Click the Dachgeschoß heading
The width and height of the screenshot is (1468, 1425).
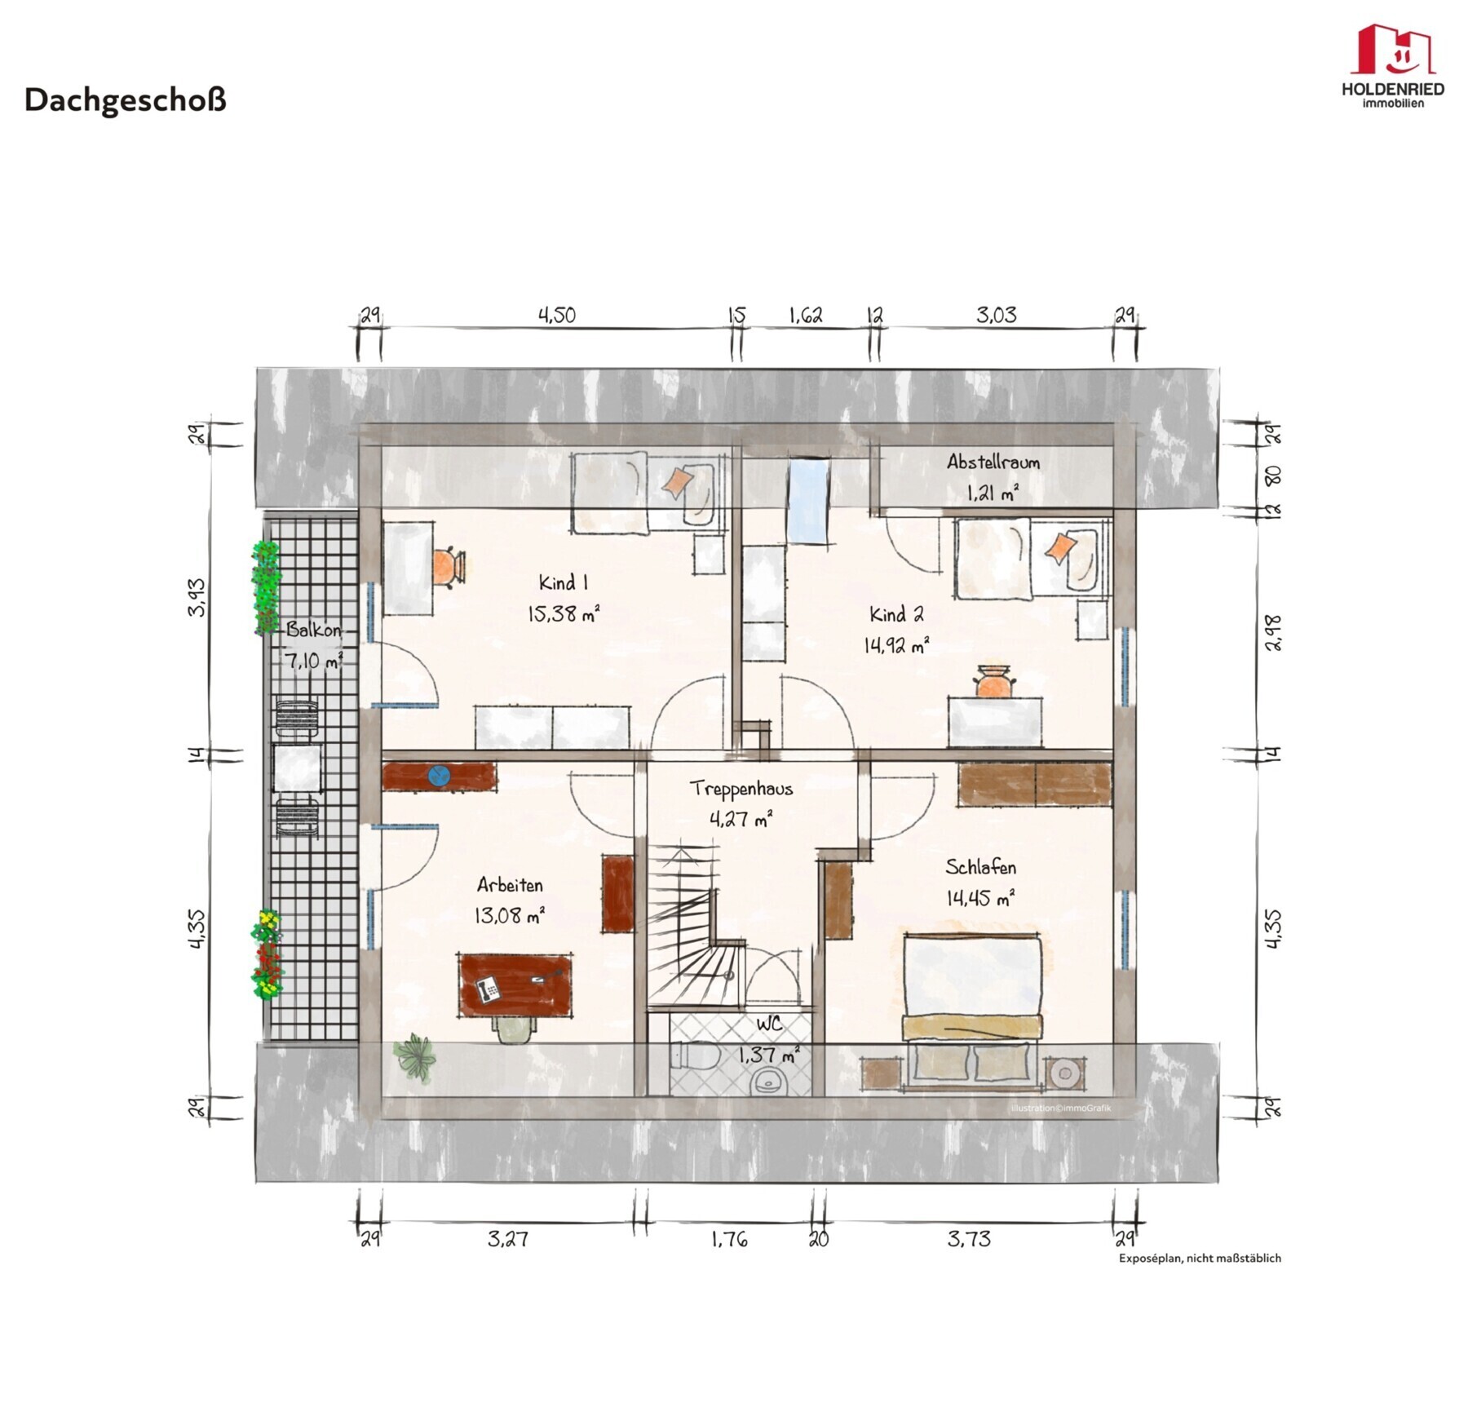tap(125, 100)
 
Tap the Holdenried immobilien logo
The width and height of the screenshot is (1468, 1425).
tap(1392, 65)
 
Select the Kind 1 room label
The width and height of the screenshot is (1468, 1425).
tap(563, 582)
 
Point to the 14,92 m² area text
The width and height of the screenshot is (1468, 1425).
tap(895, 645)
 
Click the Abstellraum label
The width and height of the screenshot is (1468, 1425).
tap(993, 462)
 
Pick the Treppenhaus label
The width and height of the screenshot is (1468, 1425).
tap(741, 788)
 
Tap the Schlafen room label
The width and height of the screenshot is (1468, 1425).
tap(980, 866)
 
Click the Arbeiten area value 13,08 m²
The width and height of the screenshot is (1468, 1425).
tap(510, 915)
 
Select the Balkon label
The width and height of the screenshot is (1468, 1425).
tap(313, 630)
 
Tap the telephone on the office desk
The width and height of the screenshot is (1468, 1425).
tap(489, 989)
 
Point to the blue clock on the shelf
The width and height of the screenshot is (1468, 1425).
tap(439, 775)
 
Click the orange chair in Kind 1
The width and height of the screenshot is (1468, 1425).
tap(448, 566)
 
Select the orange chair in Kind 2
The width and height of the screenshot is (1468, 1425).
tap(994, 682)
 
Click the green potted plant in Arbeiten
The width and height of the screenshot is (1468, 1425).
tap(415, 1057)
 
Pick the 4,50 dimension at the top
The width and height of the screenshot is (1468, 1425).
tap(556, 315)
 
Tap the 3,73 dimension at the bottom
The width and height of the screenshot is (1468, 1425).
tap(969, 1239)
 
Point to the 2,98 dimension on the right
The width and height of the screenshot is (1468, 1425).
tap(1273, 632)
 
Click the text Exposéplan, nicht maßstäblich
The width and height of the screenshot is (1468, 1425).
tap(1200, 1258)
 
